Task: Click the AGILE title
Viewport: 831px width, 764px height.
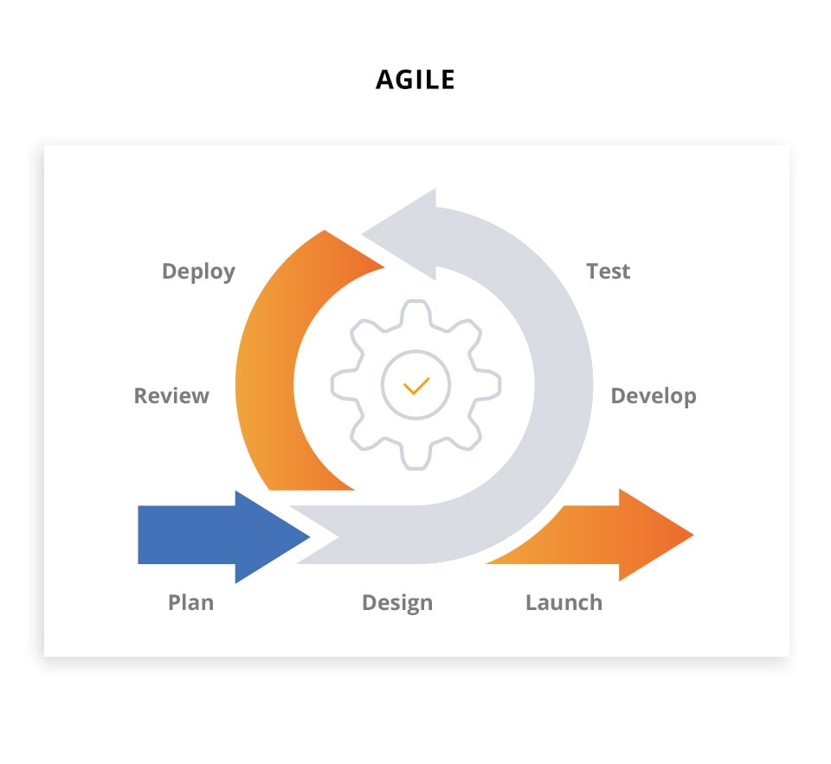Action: click(x=415, y=80)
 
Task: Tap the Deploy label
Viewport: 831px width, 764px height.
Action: click(x=199, y=272)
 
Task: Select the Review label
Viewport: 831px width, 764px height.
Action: click(x=171, y=395)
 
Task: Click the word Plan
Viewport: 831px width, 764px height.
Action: click(x=190, y=602)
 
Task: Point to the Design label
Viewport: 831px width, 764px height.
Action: click(x=397, y=603)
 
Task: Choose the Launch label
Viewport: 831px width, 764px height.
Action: click(x=564, y=602)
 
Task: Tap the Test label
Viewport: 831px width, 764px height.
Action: click(x=608, y=272)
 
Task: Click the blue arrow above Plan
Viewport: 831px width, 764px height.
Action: click(x=223, y=536)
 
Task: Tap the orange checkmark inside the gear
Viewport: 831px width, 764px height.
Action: click(x=416, y=386)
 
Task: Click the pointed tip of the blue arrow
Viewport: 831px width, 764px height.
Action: click(x=310, y=536)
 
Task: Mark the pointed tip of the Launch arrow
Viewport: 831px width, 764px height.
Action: click(x=693, y=535)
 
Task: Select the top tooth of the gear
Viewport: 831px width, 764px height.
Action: click(x=415, y=311)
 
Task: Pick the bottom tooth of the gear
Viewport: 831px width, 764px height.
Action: click(x=415, y=457)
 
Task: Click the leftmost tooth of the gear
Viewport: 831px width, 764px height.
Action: click(x=343, y=385)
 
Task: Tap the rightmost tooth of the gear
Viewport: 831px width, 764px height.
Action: click(x=488, y=385)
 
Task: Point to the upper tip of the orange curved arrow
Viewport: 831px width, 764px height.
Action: click(x=325, y=230)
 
